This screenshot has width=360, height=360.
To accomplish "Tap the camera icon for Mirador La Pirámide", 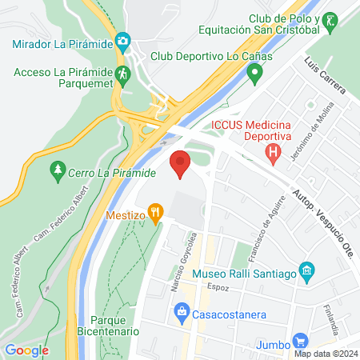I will [x=122, y=40].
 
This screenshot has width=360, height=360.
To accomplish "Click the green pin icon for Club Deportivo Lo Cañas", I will [x=255, y=76].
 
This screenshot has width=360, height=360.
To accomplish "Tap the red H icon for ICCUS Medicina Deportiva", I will [x=274, y=150].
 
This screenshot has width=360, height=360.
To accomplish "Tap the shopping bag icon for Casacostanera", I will [x=182, y=310].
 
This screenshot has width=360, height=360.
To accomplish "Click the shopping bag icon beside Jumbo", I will [x=300, y=340].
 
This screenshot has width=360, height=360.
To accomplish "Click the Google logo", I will [x=26, y=350].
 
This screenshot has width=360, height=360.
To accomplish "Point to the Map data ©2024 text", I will [x=325, y=353].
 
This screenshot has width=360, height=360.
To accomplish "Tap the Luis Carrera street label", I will [x=324, y=75].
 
